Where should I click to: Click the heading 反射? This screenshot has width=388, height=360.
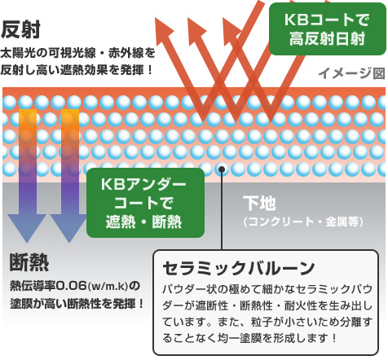click(20, 29)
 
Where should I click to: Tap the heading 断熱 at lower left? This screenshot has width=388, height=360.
click(29, 262)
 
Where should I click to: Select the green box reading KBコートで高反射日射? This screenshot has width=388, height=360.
click(327, 29)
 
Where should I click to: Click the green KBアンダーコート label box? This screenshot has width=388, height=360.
click(145, 203)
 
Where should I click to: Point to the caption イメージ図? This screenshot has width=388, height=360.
click(352, 73)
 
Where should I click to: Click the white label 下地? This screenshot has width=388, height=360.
click(259, 203)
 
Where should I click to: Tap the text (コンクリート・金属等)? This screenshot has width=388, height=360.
click(303, 222)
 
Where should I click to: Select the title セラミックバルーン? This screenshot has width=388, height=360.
click(238, 268)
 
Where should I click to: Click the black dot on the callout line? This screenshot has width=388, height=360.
click(222, 169)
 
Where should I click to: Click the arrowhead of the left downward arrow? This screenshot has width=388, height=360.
click(27, 228)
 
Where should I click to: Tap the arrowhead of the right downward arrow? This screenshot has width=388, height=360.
click(69, 228)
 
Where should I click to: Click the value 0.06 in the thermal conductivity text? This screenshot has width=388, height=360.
click(72, 286)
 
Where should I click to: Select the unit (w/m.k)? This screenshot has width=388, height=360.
click(108, 286)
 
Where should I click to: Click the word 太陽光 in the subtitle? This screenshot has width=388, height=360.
click(18, 53)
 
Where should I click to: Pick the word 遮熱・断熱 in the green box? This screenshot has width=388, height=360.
click(143, 222)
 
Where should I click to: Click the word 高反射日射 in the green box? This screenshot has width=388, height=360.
click(327, 39)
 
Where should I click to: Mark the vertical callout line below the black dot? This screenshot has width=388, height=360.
click(222, 211)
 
